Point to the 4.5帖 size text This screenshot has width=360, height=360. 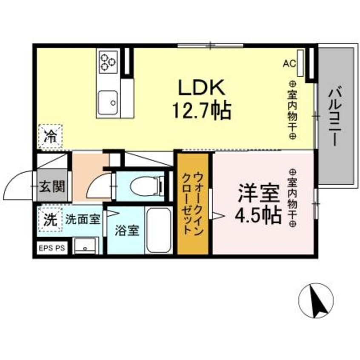point(258,216)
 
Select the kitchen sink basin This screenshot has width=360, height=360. point(108,102)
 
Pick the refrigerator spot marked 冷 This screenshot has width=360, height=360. point(50,136)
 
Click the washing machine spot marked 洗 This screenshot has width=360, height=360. point(50,220)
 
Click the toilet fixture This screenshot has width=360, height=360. point(146,186)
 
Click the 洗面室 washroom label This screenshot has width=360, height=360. point(83,220)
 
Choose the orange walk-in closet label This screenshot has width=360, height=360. point(193,203)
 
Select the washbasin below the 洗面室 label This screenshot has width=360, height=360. point(86,246)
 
